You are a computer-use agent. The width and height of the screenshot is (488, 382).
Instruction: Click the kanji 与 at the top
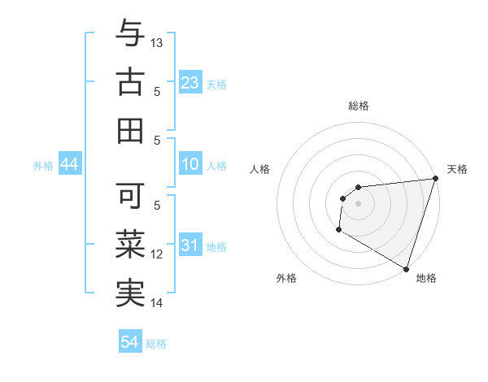tap(130, 33)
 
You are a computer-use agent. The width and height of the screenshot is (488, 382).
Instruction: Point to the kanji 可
tap(130, 196)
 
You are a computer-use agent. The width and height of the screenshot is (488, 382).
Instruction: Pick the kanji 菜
tap(130, 244)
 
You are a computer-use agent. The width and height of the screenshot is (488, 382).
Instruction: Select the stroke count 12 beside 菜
tap(158, 254)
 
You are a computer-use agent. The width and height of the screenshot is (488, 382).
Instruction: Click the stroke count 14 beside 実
tap(158, 303)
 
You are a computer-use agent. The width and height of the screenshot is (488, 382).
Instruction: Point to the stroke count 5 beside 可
tap(158, 206)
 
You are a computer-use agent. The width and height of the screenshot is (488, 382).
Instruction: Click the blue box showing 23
tap(190, 82)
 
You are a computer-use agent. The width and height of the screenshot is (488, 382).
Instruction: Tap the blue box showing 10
tap(190, 165)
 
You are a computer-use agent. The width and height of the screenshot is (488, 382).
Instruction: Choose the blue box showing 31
tap(190, 245)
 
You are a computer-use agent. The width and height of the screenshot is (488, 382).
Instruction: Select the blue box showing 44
tap(69, 165)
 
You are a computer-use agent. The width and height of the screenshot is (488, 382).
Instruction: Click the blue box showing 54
tap(129, 342)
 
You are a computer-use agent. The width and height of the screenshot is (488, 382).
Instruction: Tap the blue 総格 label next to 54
tap(156, 344)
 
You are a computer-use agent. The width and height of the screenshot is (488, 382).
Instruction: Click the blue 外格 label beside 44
tap(43, 166)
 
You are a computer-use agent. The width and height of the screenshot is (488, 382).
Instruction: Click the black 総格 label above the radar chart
tap(358, 106)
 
